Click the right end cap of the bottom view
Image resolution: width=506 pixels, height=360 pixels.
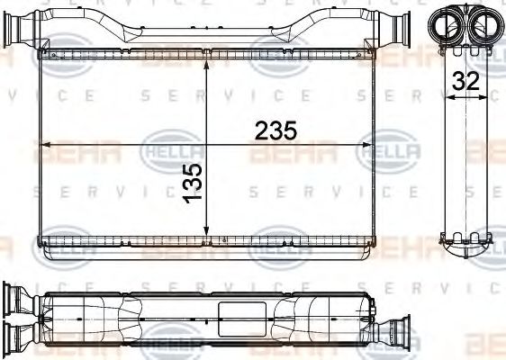click(368, 319)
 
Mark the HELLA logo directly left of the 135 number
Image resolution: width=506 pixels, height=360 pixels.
click(162, 153)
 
